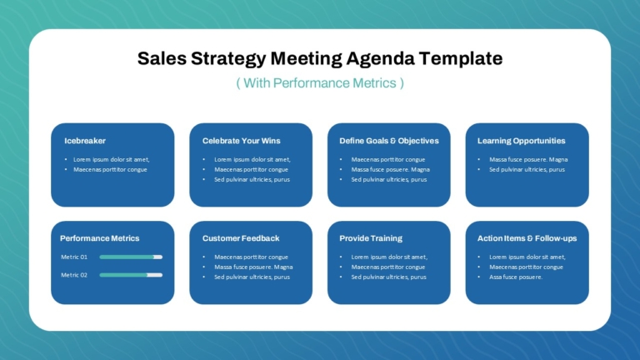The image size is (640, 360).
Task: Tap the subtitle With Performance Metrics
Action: click(x=320, y=83)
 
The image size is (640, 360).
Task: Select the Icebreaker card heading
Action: click(x=85, y=141)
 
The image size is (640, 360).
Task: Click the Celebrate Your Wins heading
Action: click(x=241, y=141)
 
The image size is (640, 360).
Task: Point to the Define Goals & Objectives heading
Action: click(x=389, y=141)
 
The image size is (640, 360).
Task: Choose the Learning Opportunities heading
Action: click(x=521, y=141)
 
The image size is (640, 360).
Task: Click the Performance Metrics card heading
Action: click(x=100, y=238)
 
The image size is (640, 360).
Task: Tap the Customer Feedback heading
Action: click(x=241, y=238)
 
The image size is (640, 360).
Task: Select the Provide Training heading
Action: click(x=371, y=238)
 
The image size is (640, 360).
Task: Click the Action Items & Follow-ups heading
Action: click(x=527, y=238)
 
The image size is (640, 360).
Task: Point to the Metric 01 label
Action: click(x=74, y=257)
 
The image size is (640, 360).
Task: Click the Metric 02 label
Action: click(x=74, y=275)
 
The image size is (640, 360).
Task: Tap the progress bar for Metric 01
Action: click(x=131, y=257)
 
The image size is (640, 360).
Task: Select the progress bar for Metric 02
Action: click(x=131, y=275)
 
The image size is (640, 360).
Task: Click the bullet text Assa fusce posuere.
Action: click(x=516, y=277)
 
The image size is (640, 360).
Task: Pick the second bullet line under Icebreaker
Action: click(x=110, y=170)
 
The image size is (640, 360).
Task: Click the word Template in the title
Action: click(x=461, y=59)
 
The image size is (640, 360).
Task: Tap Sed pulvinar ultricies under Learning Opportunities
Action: click(x=527, y=170)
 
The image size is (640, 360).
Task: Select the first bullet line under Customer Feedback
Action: click(x=251, y=257)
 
